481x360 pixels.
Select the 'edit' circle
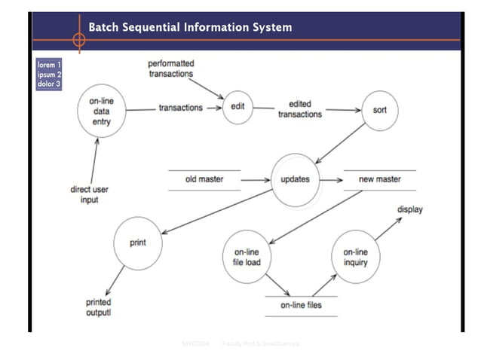[237, 107]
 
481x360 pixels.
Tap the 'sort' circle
[380, 110]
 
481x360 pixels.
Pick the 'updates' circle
[295, 181]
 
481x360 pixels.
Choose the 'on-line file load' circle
[247, 258]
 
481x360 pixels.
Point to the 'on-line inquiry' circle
[355, 258]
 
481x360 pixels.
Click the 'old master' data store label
[204, 180]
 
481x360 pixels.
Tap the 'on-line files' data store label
[301, 305]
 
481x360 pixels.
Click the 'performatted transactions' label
[170, 69]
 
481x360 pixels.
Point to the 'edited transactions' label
[300, 109]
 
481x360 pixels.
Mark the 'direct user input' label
[90, 194]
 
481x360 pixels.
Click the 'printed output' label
[99, 307]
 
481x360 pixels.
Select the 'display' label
[410, 209]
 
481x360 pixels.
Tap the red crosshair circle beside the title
[78, 38]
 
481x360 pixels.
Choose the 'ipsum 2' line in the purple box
[49, 74]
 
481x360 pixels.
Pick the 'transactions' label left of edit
[180, 108]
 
